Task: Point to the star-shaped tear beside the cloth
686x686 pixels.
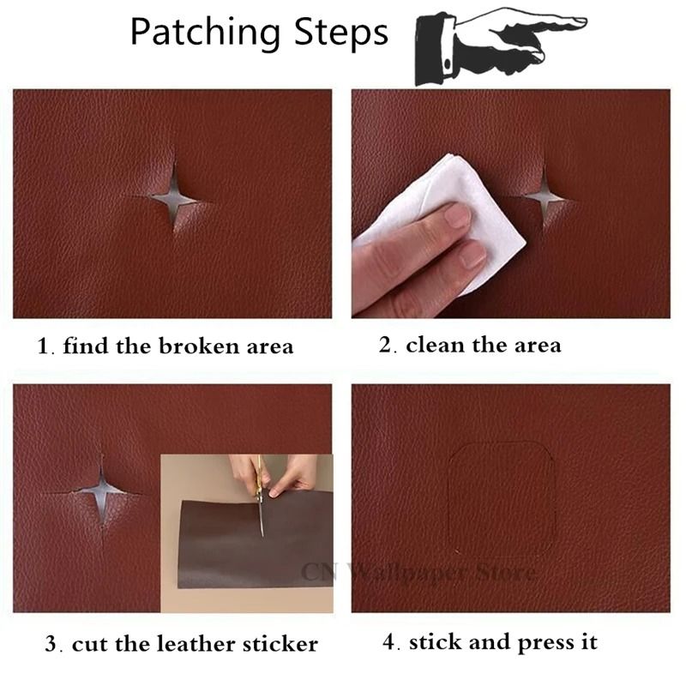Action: coord(545,196)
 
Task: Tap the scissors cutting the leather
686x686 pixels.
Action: coord(260,497)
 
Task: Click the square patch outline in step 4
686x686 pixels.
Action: coord(502,496)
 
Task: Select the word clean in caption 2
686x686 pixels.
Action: coord(436,346)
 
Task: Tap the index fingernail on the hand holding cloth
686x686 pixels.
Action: coord(457,215)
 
